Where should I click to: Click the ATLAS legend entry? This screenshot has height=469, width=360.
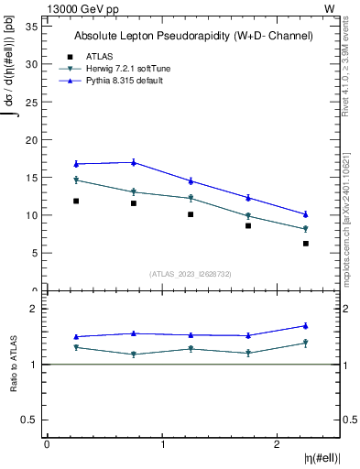tap(99, 56)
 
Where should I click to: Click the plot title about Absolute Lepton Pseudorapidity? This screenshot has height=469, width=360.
tap(193, 36)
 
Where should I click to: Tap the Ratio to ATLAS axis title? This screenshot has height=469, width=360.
tap(14, 364)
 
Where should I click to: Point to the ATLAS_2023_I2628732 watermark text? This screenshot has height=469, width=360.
tap(193, 274)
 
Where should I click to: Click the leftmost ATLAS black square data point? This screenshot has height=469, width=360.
tap(76, 201)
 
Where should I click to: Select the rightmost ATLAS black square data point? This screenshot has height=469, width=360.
tap(306, 243)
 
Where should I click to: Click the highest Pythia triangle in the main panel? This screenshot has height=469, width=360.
tap(134, 162)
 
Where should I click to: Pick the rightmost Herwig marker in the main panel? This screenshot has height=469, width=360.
tap(306, 229)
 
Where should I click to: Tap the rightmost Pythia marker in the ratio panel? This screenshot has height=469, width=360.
tap(306, 325)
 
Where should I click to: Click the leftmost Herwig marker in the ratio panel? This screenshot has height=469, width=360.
tap(76, 347)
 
